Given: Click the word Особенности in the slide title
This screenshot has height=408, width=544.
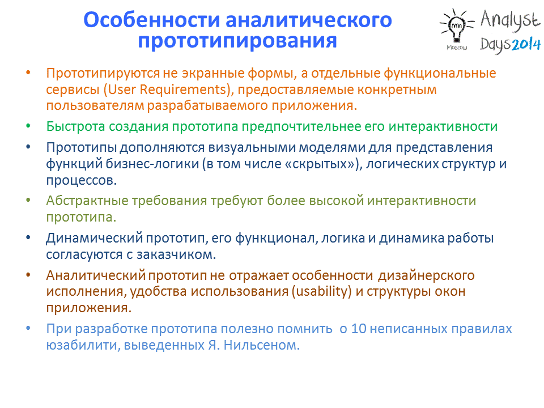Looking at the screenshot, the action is point(152,20).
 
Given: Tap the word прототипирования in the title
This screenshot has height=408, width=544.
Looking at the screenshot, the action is point(237,41).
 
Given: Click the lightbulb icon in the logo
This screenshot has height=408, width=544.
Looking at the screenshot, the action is point(457,25).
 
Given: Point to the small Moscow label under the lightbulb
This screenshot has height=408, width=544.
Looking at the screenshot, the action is point(457,47).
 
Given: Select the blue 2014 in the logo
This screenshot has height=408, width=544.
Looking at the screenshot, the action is point(526,45).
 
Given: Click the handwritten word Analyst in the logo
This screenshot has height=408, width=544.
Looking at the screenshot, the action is point(511,19).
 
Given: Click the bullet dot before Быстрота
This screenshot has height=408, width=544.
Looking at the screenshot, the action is point(28,126).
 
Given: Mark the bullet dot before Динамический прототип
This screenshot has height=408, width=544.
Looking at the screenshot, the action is point(28,237).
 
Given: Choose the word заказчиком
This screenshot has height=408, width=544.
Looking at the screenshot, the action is point(176,255).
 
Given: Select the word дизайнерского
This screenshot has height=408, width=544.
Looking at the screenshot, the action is point(426,276).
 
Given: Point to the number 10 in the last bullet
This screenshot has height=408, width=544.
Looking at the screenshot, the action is point(359,329).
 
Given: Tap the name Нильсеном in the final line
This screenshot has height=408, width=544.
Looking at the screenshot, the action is point(262,346).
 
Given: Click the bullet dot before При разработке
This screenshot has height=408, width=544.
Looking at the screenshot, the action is point(28,328).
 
